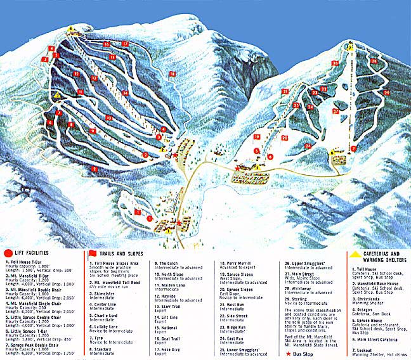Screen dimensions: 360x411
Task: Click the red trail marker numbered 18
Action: [x=172, y=74]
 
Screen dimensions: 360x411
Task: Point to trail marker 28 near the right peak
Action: [x=374, y=61]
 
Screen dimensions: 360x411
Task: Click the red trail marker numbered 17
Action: [x=125, y=43]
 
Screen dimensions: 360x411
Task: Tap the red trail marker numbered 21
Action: [x=285, y=92]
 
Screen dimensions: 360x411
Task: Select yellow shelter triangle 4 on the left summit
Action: [x=71, y=29]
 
